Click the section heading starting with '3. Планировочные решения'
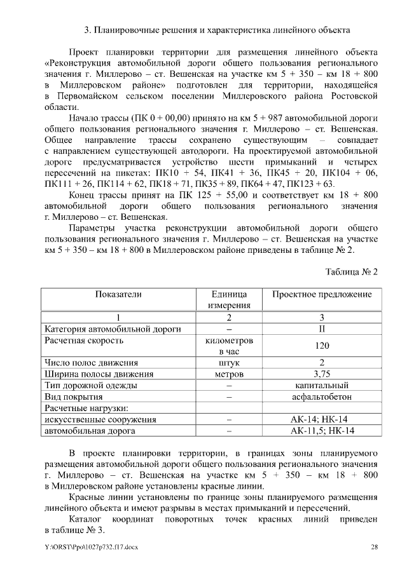216,30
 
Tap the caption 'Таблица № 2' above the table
352,271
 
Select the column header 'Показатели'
118,295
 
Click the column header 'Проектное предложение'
322,295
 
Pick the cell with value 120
322,346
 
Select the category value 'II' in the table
322,329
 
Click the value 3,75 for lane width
322,374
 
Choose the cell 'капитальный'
322,386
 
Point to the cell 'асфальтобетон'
322,397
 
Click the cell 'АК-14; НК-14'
322,420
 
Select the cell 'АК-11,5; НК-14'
322,431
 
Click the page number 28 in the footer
375,546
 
